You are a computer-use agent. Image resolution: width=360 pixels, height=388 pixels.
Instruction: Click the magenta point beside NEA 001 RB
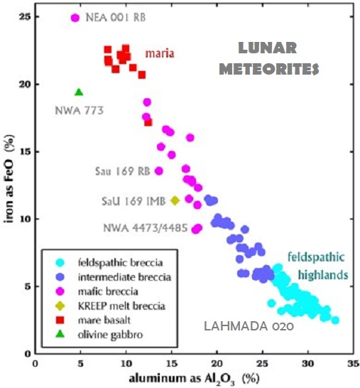(x=76, y=18)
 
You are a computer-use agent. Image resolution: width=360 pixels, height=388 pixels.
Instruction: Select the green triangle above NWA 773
(x=79, y=92)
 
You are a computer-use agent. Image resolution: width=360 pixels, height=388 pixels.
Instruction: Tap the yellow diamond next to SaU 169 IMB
(x=175, y=200)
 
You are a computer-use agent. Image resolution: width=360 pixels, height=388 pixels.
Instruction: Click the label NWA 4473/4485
(x=146, y=227)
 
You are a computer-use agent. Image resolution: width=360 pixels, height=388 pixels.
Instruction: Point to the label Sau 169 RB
(x=121, y=171)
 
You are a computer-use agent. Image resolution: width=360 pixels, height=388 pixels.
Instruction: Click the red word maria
(x=160, y=53)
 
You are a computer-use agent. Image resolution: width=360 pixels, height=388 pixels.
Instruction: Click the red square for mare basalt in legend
(x=52, y=320)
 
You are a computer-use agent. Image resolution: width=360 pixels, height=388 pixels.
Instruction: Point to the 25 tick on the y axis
(x=25, y=17)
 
